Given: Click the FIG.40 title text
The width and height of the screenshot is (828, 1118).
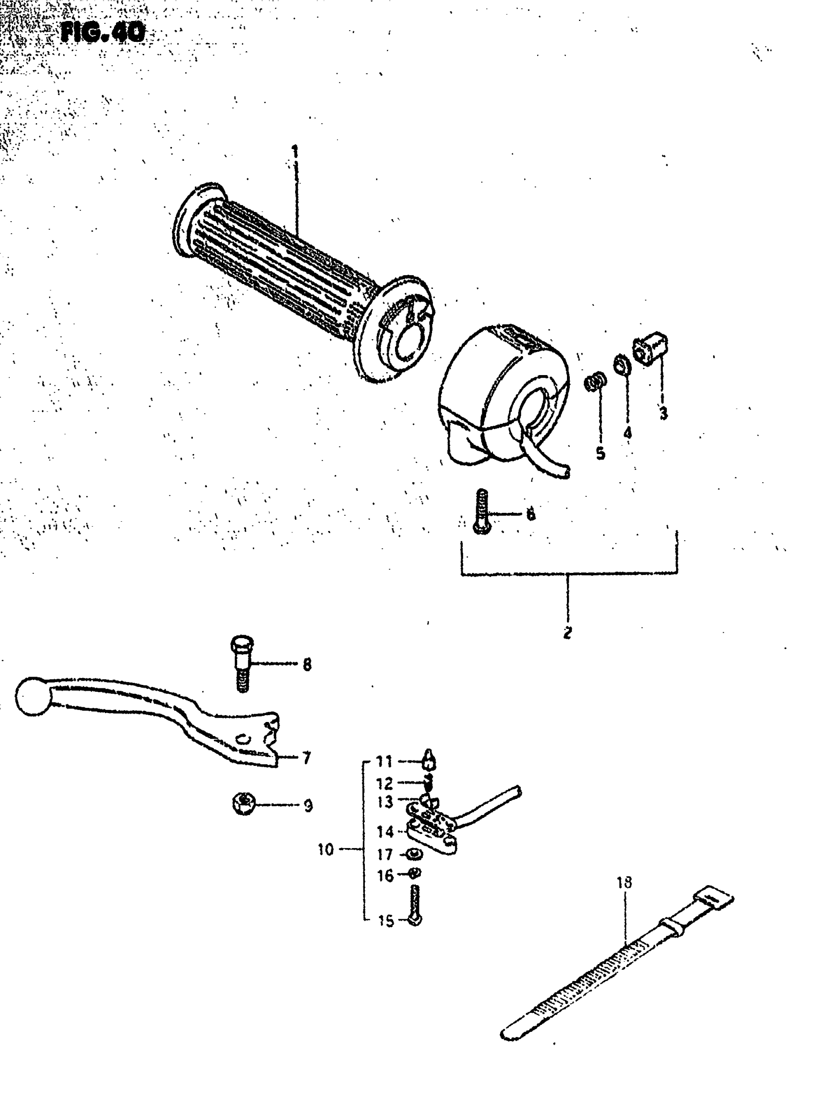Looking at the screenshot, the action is pos(103,33).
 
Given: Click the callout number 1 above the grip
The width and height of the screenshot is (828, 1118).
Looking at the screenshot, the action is pos(295,151).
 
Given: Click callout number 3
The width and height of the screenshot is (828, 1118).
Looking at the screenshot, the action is pos(663,414).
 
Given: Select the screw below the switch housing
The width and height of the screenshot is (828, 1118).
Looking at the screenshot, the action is pos(481,512).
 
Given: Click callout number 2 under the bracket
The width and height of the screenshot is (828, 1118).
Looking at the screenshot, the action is pos(567,633).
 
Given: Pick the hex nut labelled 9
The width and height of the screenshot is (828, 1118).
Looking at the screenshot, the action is pos(244,805).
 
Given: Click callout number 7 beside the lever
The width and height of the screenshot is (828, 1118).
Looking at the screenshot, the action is pos(306,758).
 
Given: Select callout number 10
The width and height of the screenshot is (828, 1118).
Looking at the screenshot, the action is pos(325,850).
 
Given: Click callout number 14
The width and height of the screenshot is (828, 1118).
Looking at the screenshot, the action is pos(385,832).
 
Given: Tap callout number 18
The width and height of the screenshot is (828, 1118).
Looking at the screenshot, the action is pos(624,882).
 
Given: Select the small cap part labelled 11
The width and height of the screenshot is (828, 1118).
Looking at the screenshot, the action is pos(429,760).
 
